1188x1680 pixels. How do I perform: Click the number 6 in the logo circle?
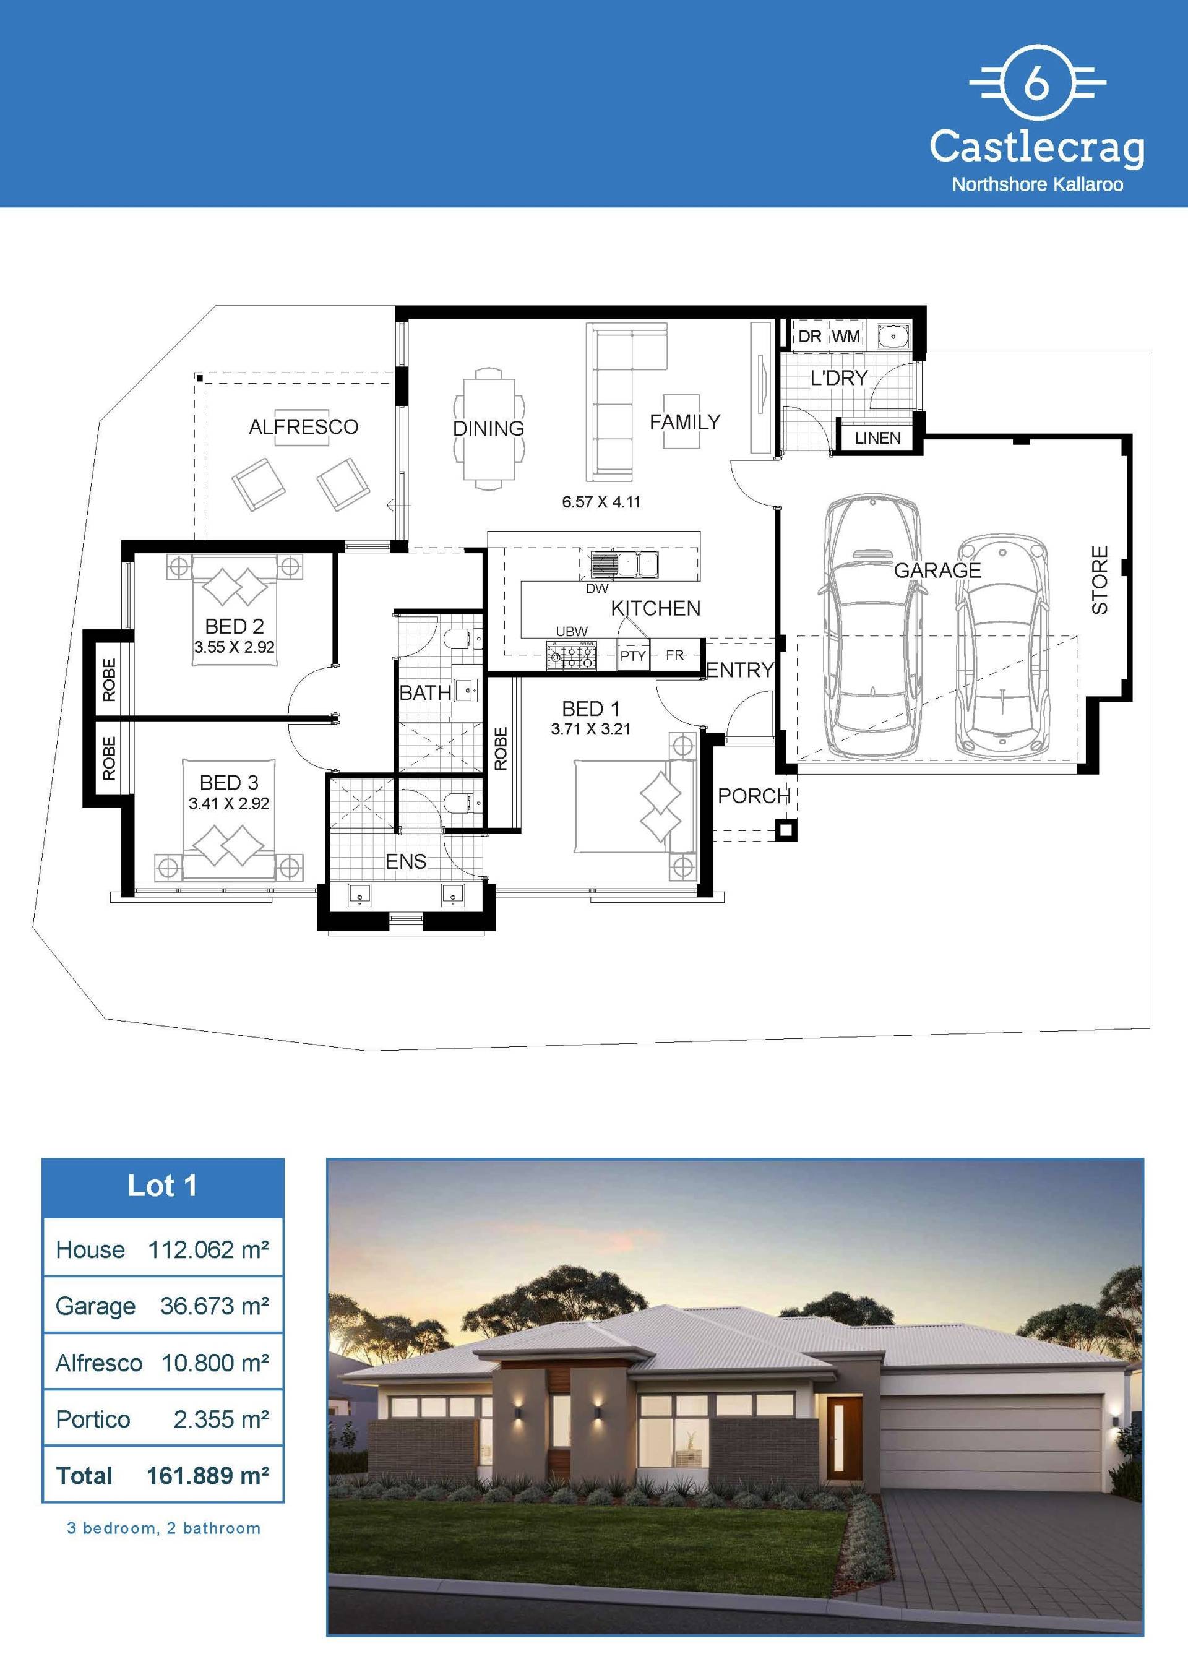(1036, 84)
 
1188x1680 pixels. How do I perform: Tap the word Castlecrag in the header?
(1036, 147)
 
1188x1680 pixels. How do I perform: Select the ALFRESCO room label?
(304, 426)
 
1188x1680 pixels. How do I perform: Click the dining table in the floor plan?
(489, 429)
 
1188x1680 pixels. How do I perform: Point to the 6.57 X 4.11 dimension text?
(601, 502)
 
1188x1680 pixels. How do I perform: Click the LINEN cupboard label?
(878, 438)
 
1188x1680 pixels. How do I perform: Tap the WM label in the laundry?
(846, 337)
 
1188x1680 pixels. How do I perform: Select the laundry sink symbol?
(892, 336)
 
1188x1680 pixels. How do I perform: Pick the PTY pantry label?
(633, 657)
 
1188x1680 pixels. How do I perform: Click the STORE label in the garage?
(1100, 580)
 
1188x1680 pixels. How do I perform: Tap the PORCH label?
(754, 796)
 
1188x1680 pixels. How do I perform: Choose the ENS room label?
(406, 861)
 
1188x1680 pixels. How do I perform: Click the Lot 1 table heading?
(162, 1186)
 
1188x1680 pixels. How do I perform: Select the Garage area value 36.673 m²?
(214, 1306)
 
